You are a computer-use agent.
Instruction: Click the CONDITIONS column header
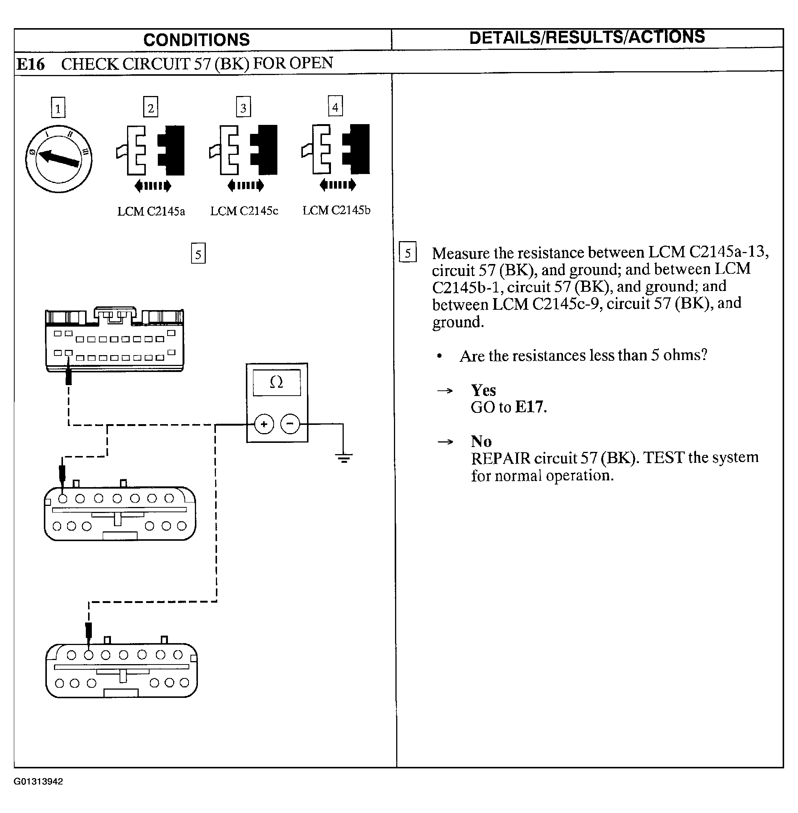tap(196, 40)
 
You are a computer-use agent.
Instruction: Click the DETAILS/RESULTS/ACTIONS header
tap(587, 37)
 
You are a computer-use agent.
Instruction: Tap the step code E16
tap(31, 64)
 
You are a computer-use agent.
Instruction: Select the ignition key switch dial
tap(59, 159)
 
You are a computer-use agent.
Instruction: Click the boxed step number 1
tap(58, 108)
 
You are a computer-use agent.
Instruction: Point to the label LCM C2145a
tap(151, 211)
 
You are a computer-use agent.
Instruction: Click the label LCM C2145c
tap(244, 210)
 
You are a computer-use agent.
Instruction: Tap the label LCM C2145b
tap(337, 210)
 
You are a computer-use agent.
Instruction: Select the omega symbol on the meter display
tap(276, 382)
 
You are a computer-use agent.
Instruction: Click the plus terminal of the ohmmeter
tap(264, 424)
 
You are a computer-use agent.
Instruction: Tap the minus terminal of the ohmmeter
tap(290, 423)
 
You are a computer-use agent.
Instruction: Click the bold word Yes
tap(483, 390)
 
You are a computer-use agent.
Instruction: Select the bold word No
tap(481, 441)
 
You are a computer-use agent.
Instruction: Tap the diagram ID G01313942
tap(38, 781)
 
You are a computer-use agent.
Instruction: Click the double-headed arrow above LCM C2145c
tap(246, 185)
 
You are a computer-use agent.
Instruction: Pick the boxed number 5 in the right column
tap(408, 252)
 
